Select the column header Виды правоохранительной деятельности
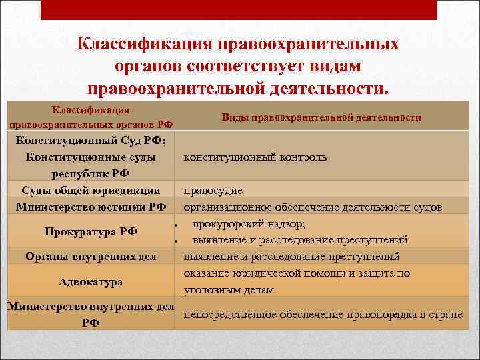click(321, 117)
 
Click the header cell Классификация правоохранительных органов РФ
click(91, 117)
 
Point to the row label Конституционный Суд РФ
click(91, 141)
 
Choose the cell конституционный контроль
click(255, 157)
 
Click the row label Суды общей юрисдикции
click(91, 190)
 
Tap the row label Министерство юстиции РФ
click(91, 207)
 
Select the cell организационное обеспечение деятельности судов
click(313, 207)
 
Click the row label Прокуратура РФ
click(91, 232)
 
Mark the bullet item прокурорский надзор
click(249, 223)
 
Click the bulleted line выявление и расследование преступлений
click(300, 240)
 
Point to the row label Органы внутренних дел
click(91, 256)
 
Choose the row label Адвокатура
click(91, 282)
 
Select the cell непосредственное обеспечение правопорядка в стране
click(323, 315)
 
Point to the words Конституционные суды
click(91, 157)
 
